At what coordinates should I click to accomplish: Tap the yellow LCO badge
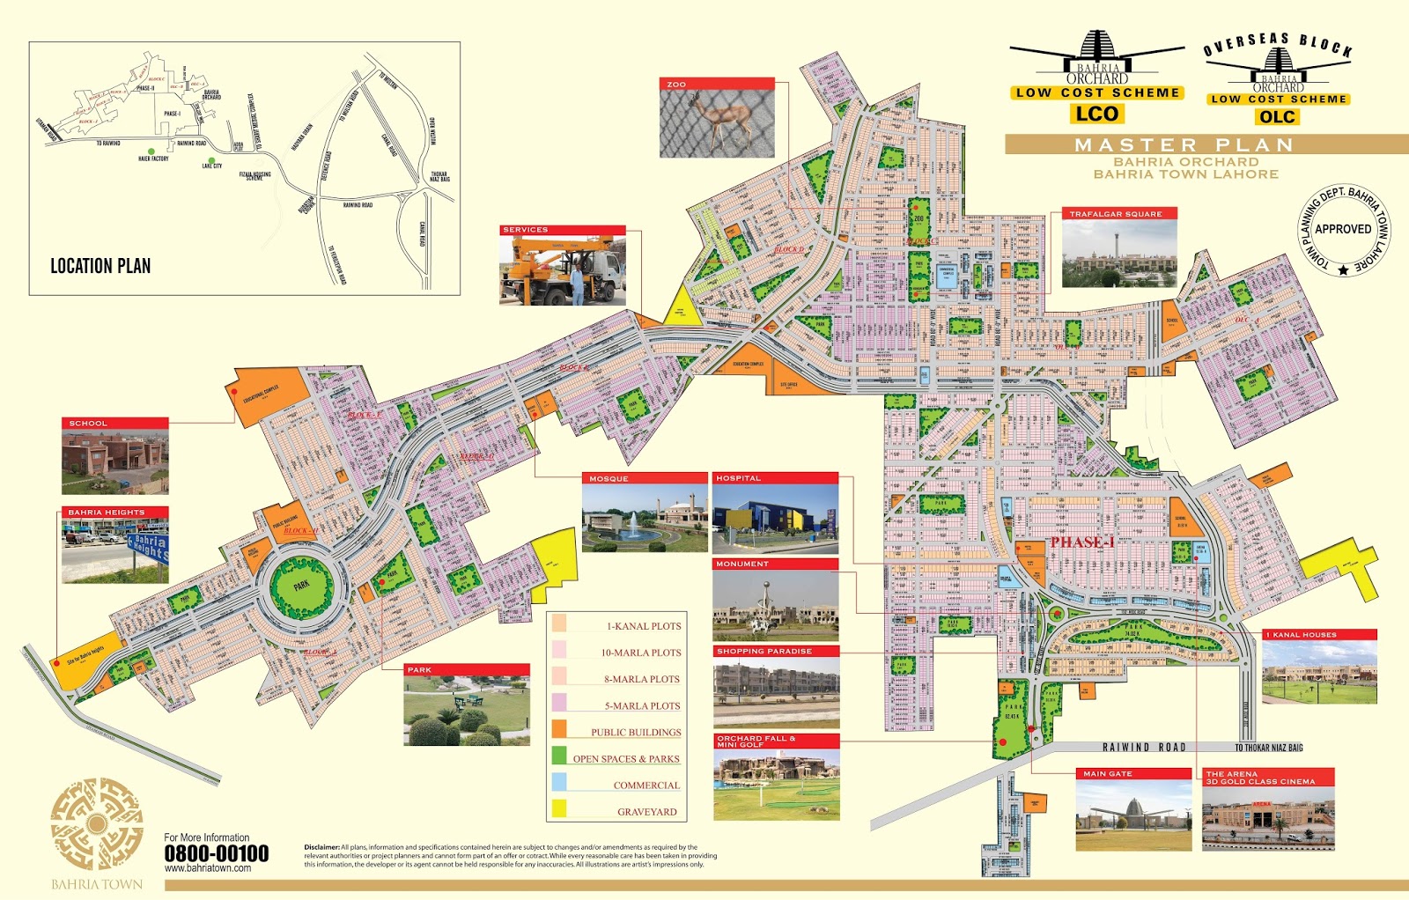pyautogui.click(x=1096, y=114)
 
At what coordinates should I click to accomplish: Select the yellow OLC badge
pyautogui.click(x=1277, y=117)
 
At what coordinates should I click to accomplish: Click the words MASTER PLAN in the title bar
pyautogui.click(x=1184, y=145)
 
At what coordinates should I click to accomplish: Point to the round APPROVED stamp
pyautogui.click(x=1343, y=229)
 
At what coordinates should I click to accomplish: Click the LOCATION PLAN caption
pyautogui.click(x=100, y=266)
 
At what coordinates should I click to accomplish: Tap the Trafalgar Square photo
pyautogui.click(x=1119, y=254)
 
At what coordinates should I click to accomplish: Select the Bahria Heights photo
pyautogui.click(x=114, y=550)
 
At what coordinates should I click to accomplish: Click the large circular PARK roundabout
pyautogui.click(x=301, y=586)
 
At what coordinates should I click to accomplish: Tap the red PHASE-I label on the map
pyautogui.click(x=1081, y=542)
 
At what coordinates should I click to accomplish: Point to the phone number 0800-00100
pyautogui.click(x=216, y=853)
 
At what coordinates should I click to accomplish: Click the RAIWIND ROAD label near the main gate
pyautogui.click(x=1144, y=748)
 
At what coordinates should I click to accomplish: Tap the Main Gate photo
pyautogui.click(x=1133, y=815)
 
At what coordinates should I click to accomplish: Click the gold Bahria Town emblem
pyautogui.click(x=97, y=824)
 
